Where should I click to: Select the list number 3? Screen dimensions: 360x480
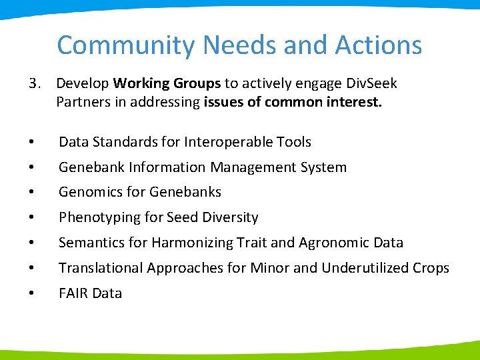[34, 83]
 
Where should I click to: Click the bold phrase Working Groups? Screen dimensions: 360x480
[167, 83]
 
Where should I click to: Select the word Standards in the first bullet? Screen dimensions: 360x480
[124, 142]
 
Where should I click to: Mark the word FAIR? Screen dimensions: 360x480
[73, 293]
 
